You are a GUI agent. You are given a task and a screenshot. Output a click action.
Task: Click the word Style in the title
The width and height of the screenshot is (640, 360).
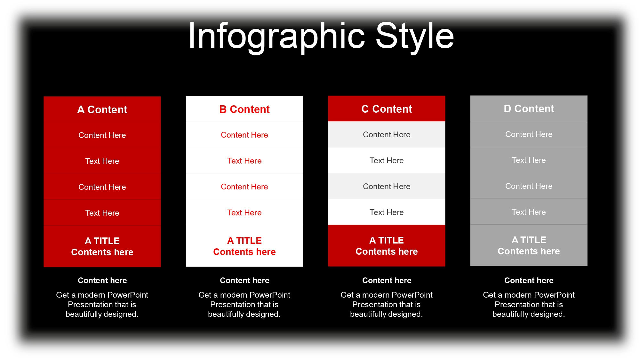(x=415, y=36)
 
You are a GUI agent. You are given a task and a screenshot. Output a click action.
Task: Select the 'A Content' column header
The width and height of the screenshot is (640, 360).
(x=102, y=109)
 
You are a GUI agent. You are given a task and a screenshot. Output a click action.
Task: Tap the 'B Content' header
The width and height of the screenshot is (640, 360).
(x=244, y=109)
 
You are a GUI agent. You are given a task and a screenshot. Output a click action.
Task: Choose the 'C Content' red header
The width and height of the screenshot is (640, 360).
(x=387, y=109)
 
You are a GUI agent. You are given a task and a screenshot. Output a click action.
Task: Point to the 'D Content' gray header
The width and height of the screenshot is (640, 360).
(x=529, y=108)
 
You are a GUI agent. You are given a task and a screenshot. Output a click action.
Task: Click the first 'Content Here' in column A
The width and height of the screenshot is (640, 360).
(x=102, y=135)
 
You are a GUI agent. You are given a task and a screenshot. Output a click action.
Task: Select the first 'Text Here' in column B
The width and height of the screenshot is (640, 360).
(x=244, y=161)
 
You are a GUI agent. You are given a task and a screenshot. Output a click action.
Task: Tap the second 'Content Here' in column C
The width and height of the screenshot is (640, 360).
(x=387, y=186)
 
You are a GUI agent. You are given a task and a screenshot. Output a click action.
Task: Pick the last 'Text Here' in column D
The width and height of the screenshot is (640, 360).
(x=529, y=212)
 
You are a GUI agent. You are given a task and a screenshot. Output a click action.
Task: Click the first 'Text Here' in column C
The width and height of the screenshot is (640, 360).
(x=387, y=160)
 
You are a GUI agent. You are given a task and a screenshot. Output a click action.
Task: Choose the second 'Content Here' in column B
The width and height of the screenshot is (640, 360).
(x=244, y=187)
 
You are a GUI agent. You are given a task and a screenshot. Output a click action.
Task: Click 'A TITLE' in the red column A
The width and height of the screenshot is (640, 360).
(x=102, y=241)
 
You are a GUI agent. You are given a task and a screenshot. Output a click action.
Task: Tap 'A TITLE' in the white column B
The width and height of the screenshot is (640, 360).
(x=244, y=240)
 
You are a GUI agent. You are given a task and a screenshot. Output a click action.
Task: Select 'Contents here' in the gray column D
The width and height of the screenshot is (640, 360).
(x=529, y=251)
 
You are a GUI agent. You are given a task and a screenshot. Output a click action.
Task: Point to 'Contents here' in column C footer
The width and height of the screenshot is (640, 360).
(x=387, y=252)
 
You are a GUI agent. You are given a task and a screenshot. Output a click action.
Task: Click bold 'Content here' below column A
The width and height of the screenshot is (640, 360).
(x=102, y=280)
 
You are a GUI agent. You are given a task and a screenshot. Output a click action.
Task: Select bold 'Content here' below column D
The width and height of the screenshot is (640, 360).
(x=529, y=280)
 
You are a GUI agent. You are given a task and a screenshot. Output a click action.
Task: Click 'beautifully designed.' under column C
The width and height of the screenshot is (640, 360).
(x=387, y=314)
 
